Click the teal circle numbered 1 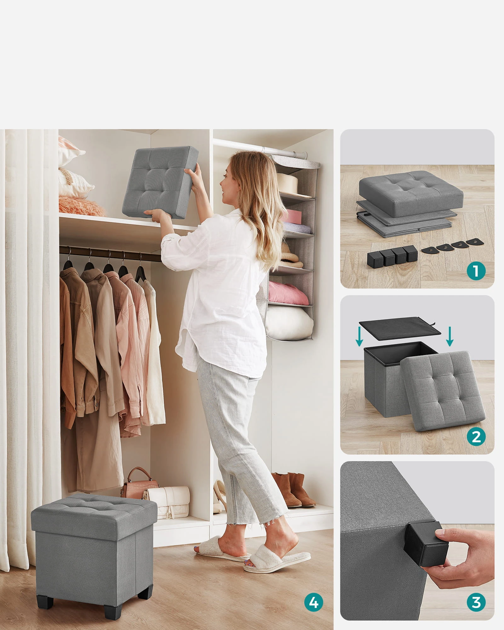click(476, 271)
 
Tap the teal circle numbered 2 click(476, 437)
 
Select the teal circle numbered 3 click(476, 603)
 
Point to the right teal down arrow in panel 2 click(450, 336)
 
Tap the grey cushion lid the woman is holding click(160, 183)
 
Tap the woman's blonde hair click(252, 202)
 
